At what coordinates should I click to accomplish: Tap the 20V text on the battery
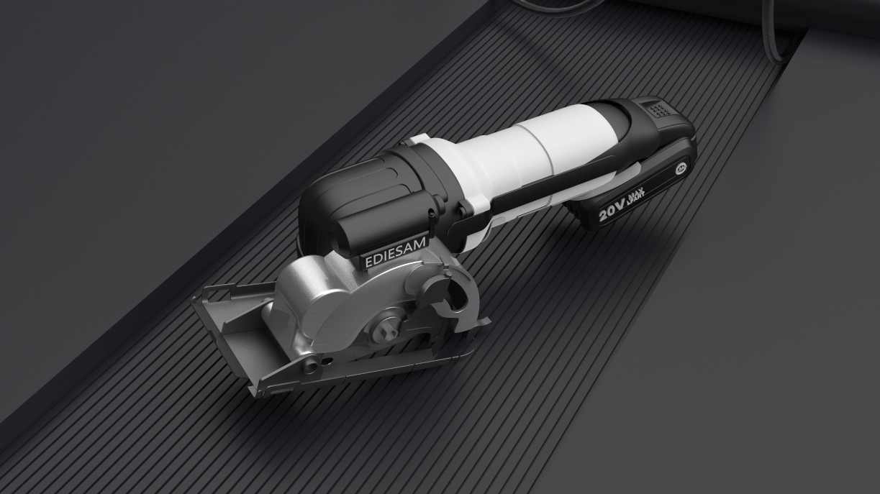(x=614, y=210)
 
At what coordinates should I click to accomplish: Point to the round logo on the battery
(x=680, y=170)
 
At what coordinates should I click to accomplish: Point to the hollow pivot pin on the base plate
(x=311, y=365)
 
